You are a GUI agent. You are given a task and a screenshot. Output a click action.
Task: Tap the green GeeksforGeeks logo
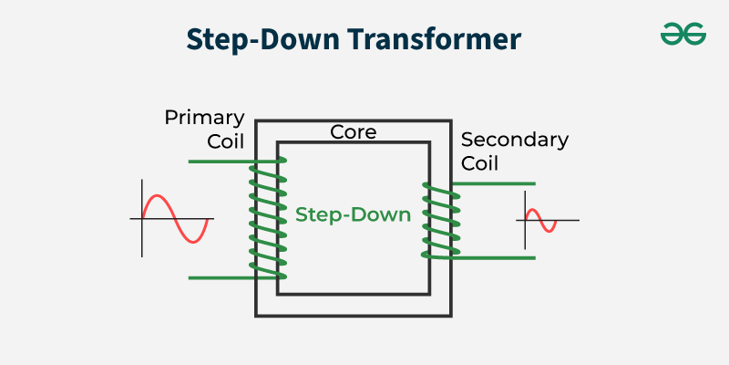(x=683, y=34)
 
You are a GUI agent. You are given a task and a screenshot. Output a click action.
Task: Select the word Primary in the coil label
(x=204, y=119)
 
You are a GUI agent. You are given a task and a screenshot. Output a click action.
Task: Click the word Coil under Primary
(x=225, y=141)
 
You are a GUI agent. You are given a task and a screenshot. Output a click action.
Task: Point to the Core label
(x=353, y=132)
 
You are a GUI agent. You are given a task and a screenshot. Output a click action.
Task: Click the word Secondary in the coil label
(x=515, y=141)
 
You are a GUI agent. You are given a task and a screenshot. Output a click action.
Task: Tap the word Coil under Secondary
(x=479, y=163)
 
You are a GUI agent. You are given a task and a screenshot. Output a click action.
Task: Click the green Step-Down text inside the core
(x=354, y=215)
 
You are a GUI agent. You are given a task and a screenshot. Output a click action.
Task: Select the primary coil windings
(x=268, y=219)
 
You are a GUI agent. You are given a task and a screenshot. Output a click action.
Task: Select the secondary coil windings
(x=441, y=220)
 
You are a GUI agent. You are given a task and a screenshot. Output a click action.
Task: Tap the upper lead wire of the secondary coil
(x=494, y=184)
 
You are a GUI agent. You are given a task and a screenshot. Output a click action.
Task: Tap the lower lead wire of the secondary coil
(x=494, y=258)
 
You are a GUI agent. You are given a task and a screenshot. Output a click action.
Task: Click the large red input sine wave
(x=175, y=218)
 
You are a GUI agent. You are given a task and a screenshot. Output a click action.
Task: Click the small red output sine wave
(x=541, y=220)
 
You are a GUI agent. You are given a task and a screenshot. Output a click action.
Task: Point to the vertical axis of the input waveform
(x=142, y=218)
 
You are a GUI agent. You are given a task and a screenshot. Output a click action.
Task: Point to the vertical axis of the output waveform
(x=526, y=220)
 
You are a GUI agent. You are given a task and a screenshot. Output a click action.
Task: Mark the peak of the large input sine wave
(x=158, y=195)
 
